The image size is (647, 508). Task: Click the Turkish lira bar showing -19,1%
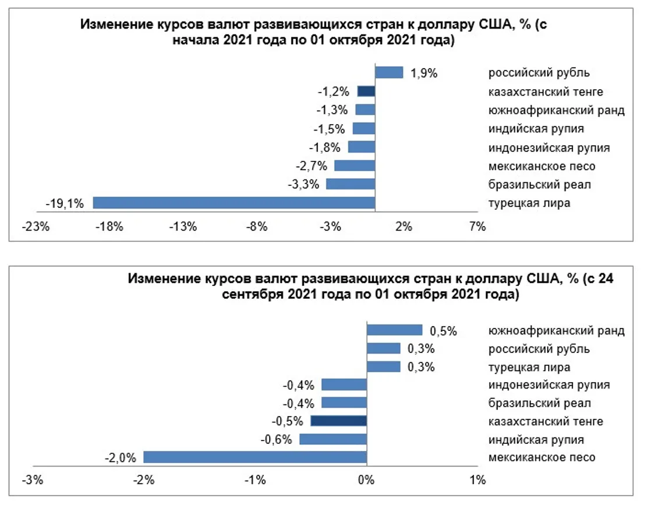click(x=234, y=203)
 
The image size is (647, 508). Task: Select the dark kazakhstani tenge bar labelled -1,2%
click(x=366, y=91)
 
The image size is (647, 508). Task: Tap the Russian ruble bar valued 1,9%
click(x=389, y=72)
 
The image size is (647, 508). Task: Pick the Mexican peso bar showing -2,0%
click(x=255, y=457)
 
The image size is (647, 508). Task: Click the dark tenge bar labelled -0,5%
click(x=339, y=421)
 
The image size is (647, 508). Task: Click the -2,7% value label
click(x=310, y=166)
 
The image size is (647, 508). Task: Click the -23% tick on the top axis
click(x=34, y=227)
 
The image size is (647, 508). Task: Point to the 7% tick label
click(x=477, y=227)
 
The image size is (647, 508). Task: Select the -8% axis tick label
click(x=256, y=227)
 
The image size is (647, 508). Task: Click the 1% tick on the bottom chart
click(x=477, y=481)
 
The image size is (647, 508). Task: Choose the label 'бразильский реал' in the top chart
click(x=540, y=185)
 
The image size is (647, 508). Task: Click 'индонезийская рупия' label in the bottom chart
click(x=549, y=384)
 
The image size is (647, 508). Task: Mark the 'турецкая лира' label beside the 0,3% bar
click(x=529, y=367)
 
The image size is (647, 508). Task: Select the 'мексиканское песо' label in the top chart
click(x=542, y=166)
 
